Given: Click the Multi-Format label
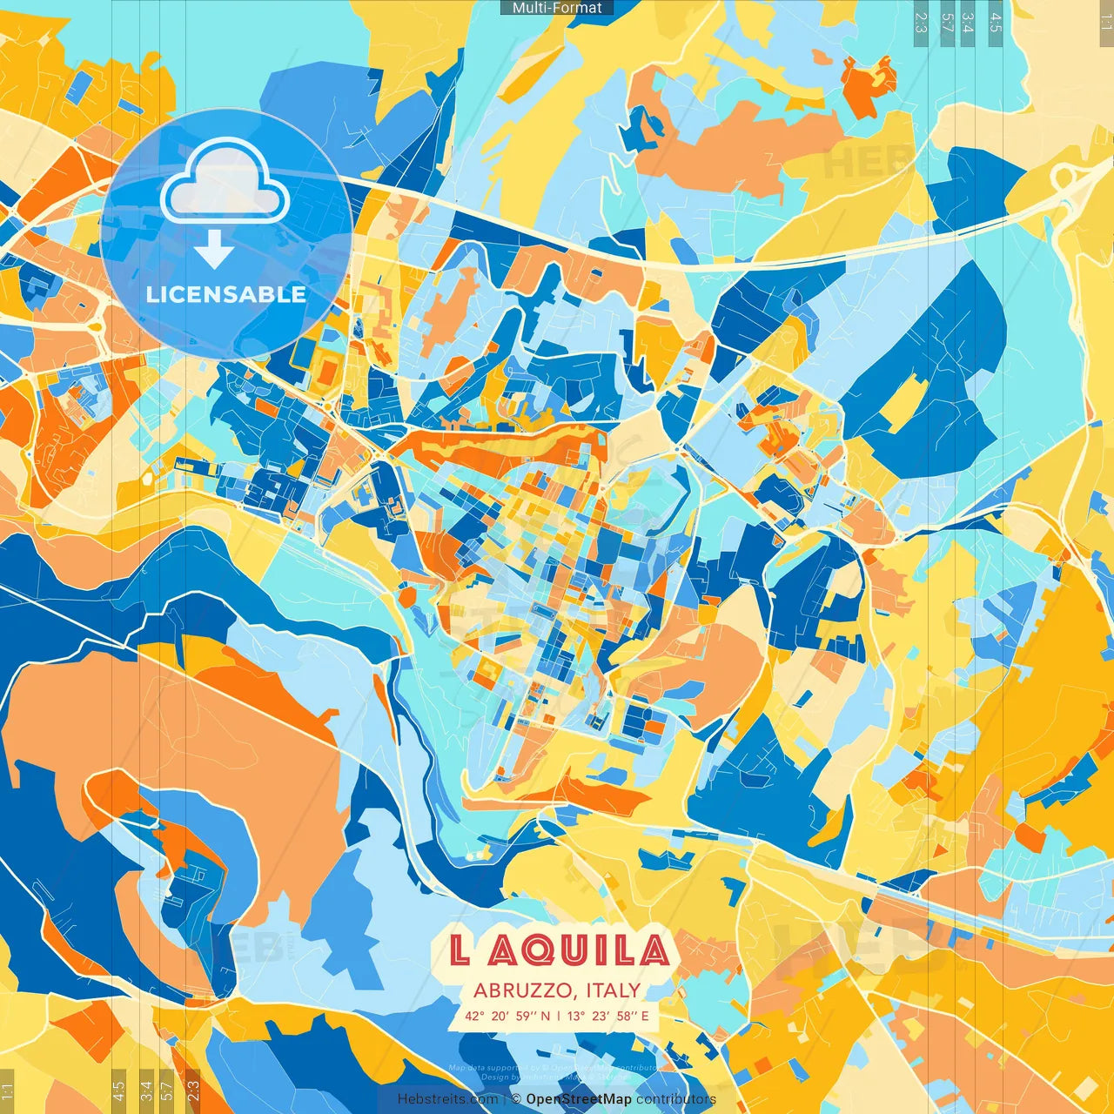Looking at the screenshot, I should pos(557,8).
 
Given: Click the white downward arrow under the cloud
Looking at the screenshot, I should pos(214,250).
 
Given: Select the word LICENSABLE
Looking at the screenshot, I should pos(226,294).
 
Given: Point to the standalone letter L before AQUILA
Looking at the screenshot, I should pos(460,950).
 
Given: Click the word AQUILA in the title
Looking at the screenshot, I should pos(579,950).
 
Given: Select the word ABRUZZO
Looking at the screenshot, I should pos(521,990).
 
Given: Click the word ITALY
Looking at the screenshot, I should pos(614,990).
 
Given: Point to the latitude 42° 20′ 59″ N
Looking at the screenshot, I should pos(507,1016).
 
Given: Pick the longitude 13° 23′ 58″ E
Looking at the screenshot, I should pos(608,1016).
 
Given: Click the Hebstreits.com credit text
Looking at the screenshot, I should pos(448,1099).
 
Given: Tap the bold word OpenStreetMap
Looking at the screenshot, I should pos(579,1099).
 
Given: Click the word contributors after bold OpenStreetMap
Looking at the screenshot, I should pos(676,1099).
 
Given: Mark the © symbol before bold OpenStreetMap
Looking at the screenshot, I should pos(516,1099).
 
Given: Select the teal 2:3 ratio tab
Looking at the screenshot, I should pos(920,22).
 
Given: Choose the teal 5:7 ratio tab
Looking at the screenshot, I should pos(947,22).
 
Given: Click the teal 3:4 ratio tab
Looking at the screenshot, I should pos(967,22).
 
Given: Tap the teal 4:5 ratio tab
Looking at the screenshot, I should pos(996,22).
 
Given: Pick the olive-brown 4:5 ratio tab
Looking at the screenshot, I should pos(118,1089).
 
